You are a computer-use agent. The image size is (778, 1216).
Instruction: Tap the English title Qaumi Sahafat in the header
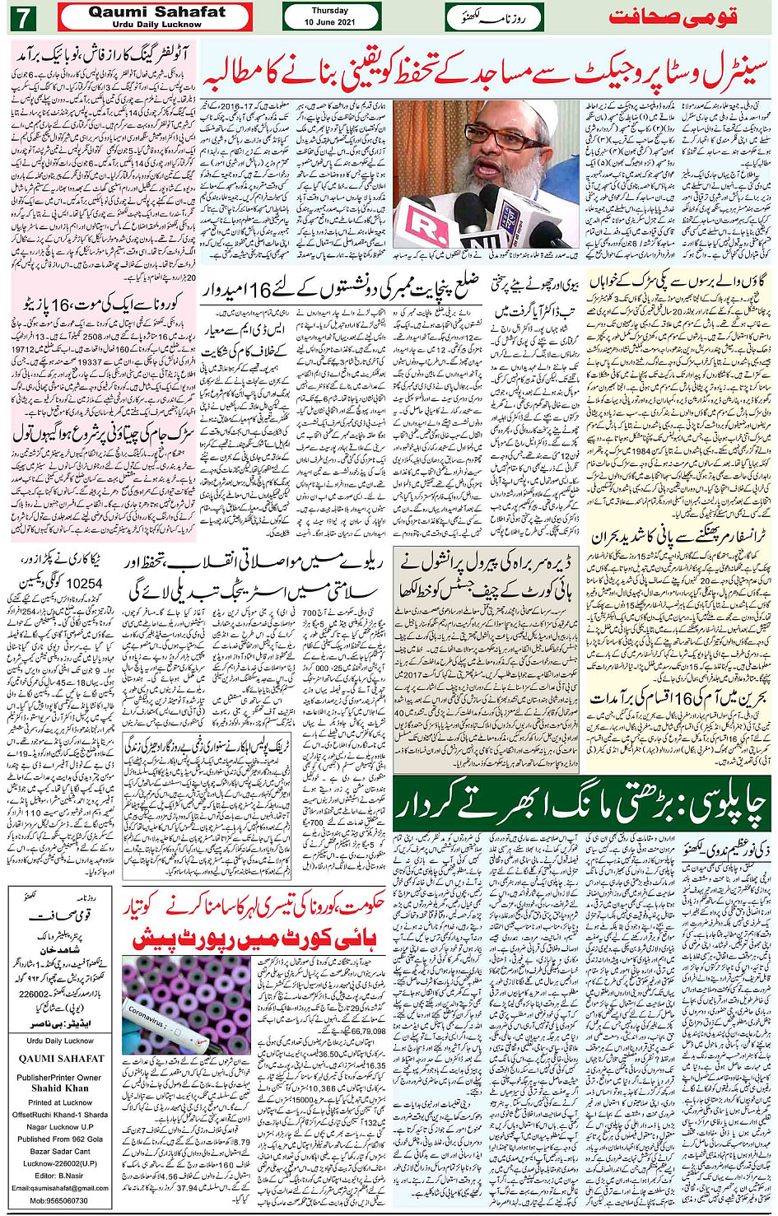(156, 12)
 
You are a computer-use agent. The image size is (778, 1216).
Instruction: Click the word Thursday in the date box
(330, 11)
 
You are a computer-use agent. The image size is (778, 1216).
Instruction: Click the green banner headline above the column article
(580, 804)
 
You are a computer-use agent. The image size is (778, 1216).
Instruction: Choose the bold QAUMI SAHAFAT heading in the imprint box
(62, 1058)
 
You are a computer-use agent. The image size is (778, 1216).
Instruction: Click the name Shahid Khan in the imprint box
(60, 1088)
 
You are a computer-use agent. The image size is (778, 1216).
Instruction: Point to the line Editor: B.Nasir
(60, 1175)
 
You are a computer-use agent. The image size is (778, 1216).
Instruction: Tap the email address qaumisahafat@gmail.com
(60, 1187)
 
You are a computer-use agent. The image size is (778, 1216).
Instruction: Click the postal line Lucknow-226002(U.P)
(60, 1163)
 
